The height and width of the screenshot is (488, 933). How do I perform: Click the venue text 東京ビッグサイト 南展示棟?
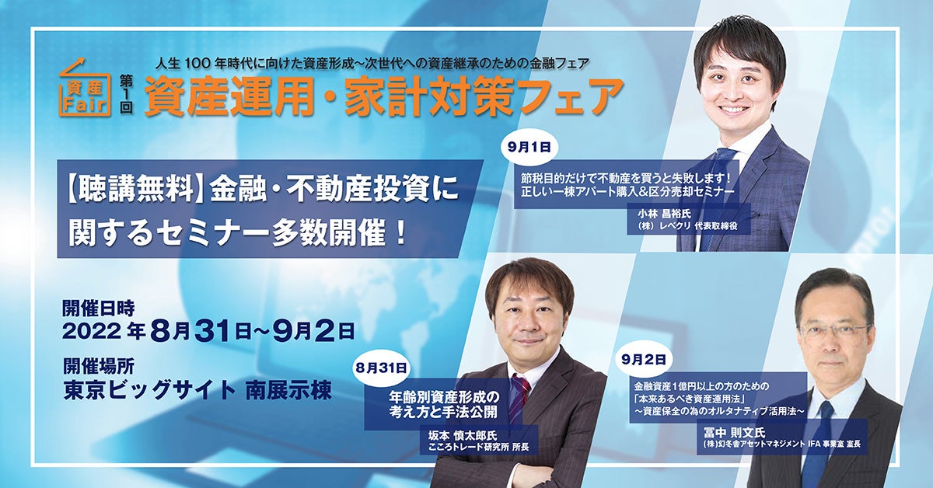click(197, 390)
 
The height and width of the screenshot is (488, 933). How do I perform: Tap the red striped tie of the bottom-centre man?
click(519, 396)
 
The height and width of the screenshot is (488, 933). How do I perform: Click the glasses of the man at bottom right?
click(833, 330)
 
